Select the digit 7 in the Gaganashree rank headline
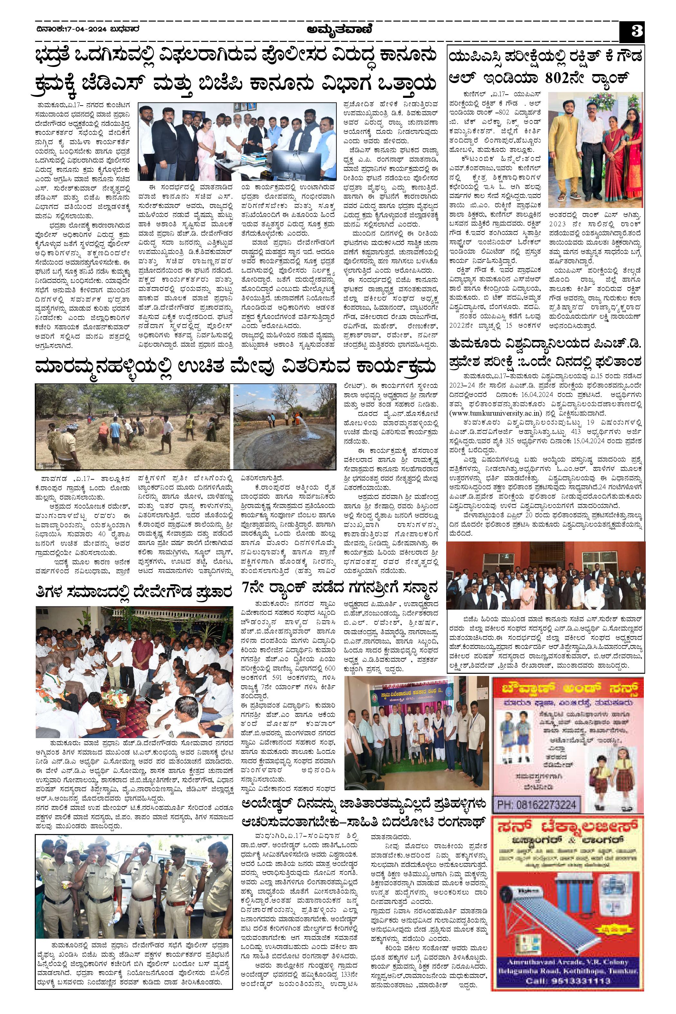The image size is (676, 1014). (245, 587)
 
